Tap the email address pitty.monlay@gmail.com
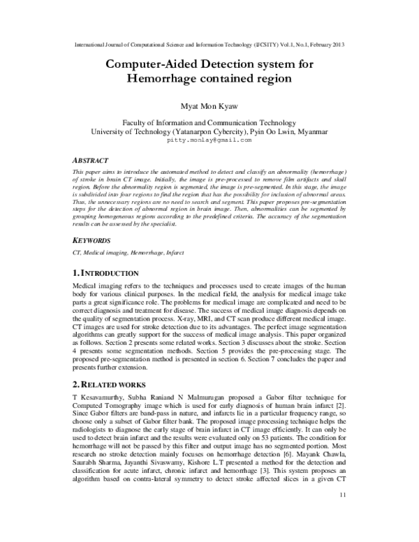[209, 140]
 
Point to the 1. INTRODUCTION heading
[111, 272]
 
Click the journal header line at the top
[209, 45]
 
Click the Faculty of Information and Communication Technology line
[209, 121]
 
